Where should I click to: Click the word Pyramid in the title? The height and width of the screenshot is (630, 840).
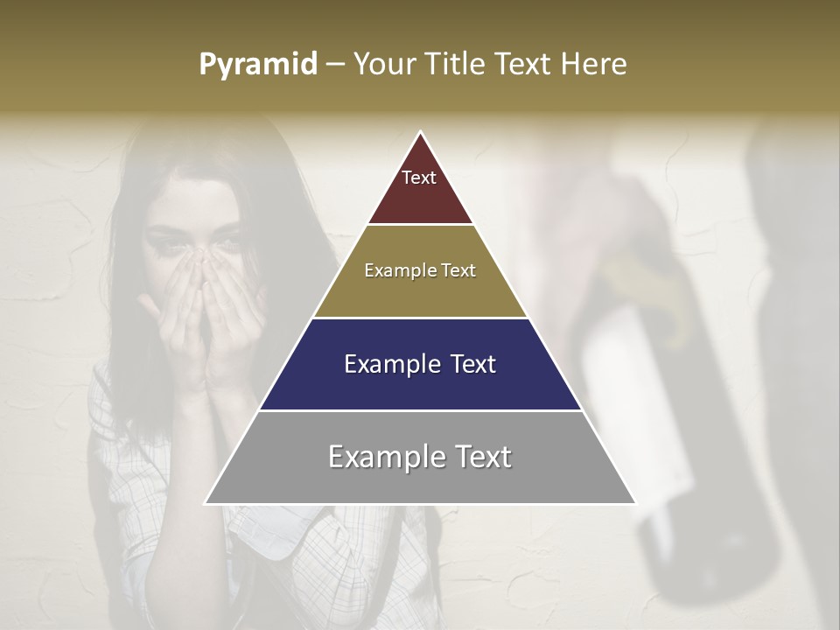click(x=257, y=65)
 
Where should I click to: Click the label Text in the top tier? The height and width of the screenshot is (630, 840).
click(x=419, y=178)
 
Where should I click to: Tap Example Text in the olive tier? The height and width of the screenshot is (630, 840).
click(x=420, y=270)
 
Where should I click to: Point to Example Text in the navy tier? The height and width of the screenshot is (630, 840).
click(x=420, y=364)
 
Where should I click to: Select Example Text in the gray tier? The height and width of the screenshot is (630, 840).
click(x=420, y=457)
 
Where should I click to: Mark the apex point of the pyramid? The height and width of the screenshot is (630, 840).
click(x=421, y=132)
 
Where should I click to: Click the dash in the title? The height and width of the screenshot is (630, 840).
click(x=334, y=65)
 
